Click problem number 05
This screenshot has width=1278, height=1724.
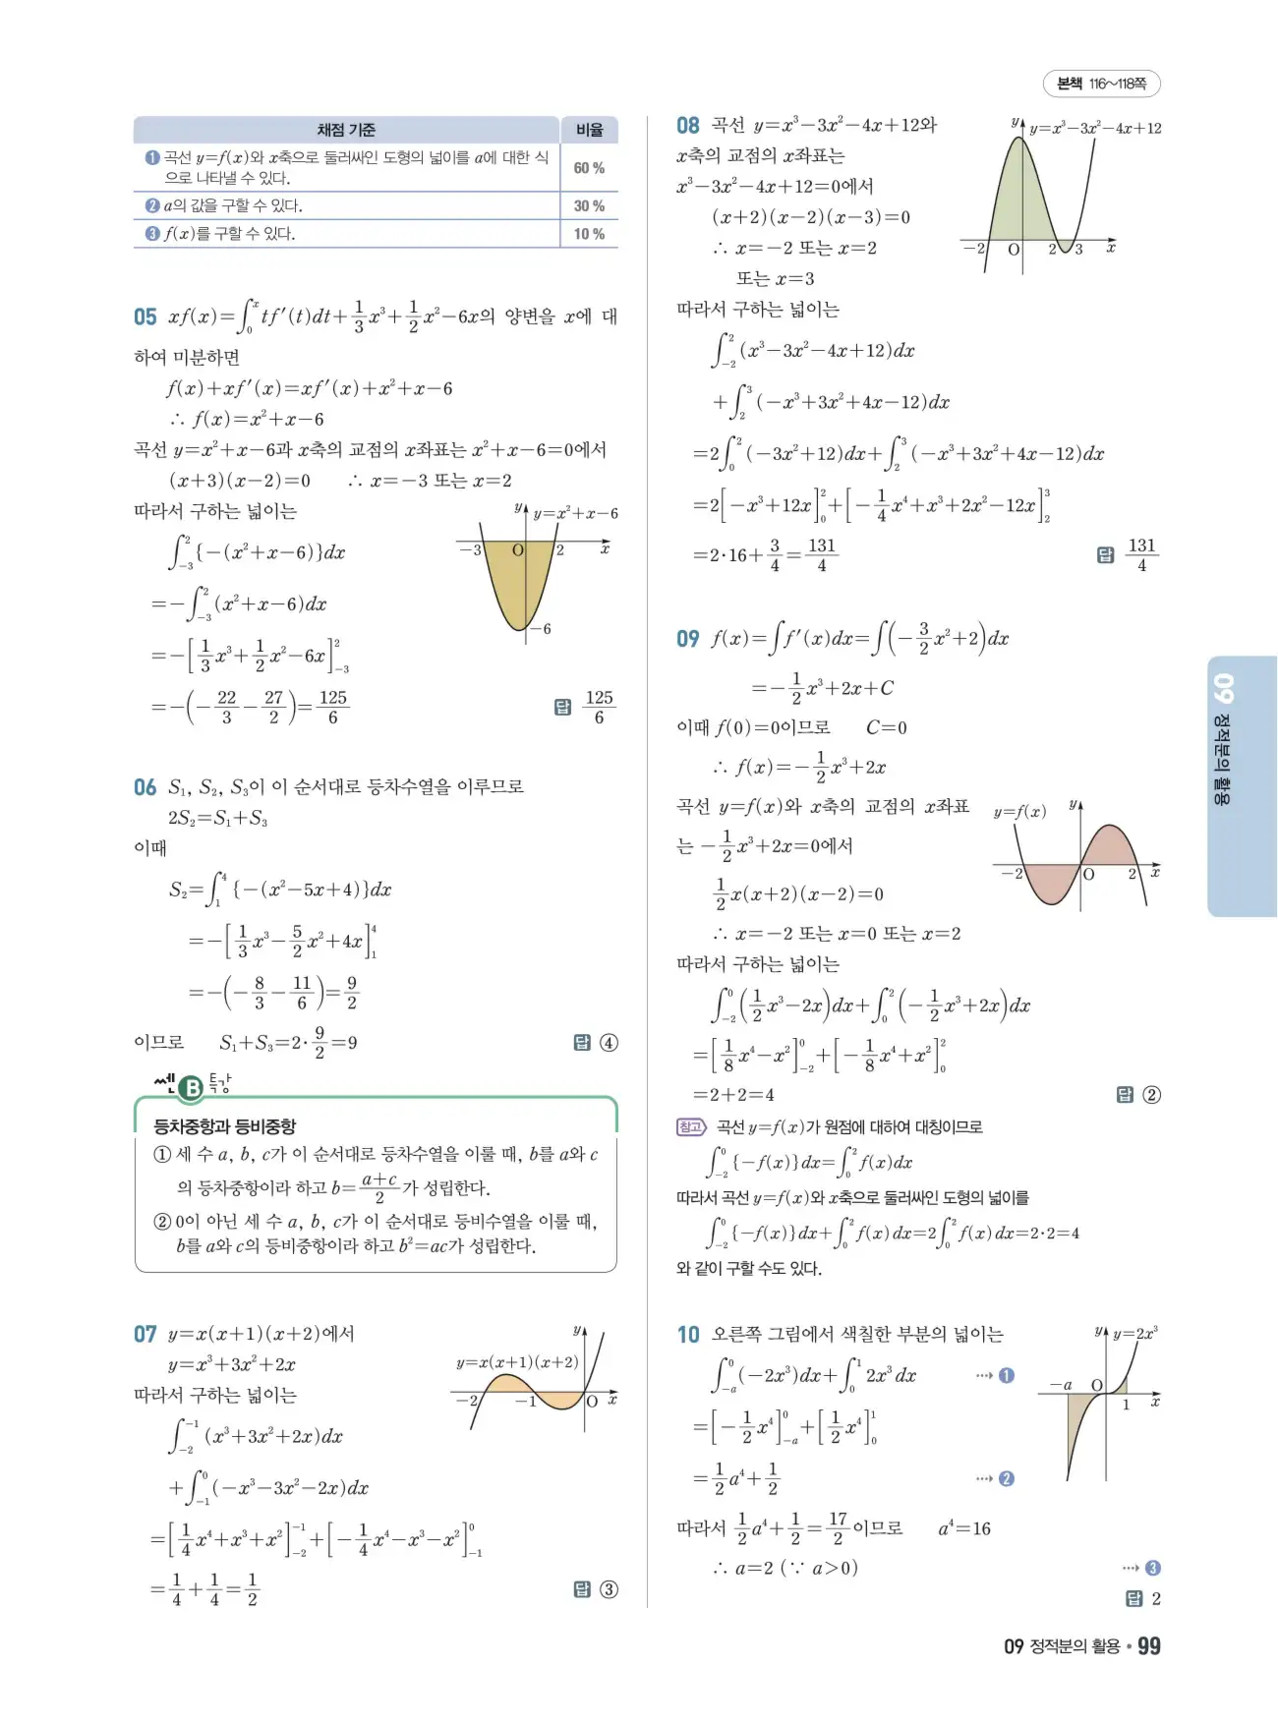coord(145,316)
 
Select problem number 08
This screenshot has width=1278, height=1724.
coord(687,125)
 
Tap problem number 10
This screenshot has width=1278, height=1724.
coord(687,1334)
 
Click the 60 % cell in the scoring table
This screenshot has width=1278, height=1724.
coord(589,168)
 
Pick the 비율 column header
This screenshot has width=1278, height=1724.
coord(589,130)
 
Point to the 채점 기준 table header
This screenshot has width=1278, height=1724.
coord(346,130)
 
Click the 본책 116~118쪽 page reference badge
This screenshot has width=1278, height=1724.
coord(1101,85)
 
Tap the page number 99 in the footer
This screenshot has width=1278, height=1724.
coord(1148,1646)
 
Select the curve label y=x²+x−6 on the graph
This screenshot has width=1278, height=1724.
coord(575,513)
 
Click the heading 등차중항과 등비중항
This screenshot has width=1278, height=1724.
coord(224,1126)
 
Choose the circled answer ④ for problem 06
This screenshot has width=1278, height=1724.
coord(609,1043)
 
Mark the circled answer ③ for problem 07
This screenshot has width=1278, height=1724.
coord(609,1589)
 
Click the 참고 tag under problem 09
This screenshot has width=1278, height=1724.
coord(691,1126)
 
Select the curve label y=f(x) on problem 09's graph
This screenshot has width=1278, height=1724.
coord(1019,812)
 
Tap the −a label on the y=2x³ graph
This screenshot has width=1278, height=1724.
coord(1061,1384)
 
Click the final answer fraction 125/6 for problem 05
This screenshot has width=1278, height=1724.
coord(599,707)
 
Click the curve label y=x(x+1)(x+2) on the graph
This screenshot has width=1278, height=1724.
coord(517,1362)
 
